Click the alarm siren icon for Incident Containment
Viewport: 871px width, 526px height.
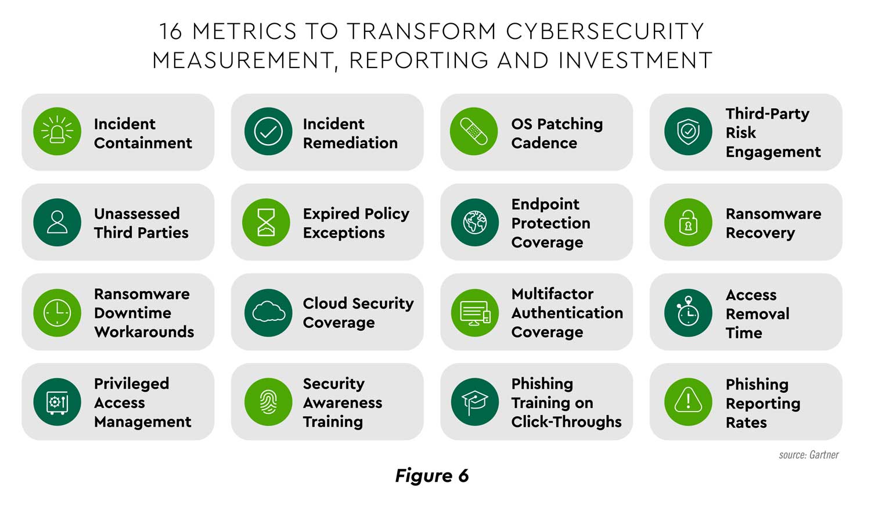(57, 131)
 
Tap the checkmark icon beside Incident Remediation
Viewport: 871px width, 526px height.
(268, 131)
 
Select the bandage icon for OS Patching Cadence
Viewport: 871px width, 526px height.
(474, 131)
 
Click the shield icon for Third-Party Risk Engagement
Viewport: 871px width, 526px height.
(688, 131)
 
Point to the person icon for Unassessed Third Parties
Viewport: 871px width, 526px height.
(57, 222)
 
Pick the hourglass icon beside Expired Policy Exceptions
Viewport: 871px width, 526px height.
(266, 222)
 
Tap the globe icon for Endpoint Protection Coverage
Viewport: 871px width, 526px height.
(474, 222)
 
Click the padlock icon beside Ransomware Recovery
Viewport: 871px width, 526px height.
(688, 222)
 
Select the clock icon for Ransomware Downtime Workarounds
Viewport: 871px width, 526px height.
(57, 313)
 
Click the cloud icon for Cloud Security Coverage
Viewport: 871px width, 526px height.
(268, 313)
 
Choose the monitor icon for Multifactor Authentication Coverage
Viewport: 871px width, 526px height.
(474, 313)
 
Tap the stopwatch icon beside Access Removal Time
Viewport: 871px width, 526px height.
(688, 313)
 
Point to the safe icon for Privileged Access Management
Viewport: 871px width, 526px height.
(57, 402)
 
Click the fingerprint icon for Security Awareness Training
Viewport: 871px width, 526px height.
(268, 402)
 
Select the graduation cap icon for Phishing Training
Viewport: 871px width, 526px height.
(474, 402)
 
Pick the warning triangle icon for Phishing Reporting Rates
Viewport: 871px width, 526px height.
(688, 402)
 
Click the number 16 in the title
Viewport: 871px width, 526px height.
(171, 31)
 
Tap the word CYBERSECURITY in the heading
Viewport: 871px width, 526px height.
(604, 31)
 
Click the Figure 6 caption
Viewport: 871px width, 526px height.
(431, 476)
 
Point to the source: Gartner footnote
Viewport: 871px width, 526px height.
(808, 455)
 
